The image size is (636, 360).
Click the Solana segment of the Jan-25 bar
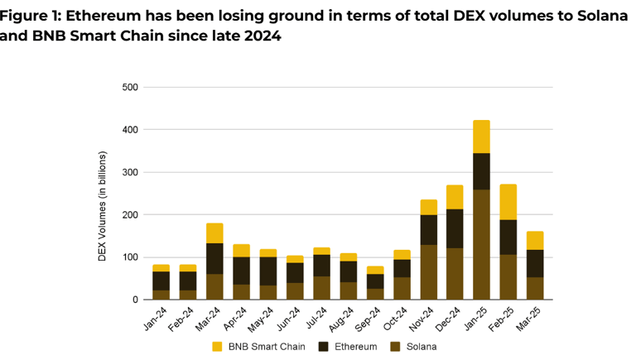(x=481, y=244)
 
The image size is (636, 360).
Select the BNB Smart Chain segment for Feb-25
(x=508, y=201)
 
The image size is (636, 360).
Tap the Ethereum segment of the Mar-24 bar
(x=214, y=258)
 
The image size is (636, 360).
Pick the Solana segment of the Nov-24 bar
(x=428, y=271)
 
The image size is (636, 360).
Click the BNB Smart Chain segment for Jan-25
(x=481, y=137)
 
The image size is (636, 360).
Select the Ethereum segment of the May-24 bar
(x=267, y=271)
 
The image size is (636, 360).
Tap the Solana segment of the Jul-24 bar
(x=321, y=287)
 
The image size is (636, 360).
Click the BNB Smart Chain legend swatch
(x=218, y=346)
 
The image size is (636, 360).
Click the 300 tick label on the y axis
(x=130, y=172)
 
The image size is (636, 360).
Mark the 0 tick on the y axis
(x=135, y=300)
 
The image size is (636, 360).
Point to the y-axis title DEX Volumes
(x=103, y=206)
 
